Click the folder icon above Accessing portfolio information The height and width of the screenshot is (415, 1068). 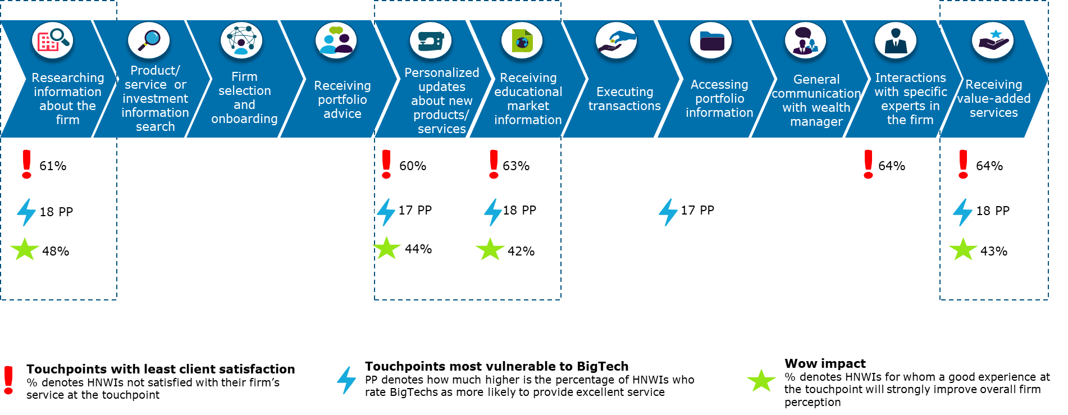click(x=711, y=41)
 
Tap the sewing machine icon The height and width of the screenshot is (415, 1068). click(x=431, y=41)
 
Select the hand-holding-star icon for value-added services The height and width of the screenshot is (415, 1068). click(x=993, y=41)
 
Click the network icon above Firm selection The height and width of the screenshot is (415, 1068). click(x=241, y=41)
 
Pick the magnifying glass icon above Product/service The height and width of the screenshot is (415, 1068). click(x=149, y=41)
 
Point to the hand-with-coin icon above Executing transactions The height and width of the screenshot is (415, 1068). click(x=616, y=41)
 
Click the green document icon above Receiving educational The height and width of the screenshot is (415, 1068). click(x=522, y=41)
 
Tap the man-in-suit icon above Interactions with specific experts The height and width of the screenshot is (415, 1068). click(x=896, y=41)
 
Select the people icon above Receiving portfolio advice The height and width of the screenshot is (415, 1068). click(x=336, y=41)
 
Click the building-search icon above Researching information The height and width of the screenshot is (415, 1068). click(x=53, y=41)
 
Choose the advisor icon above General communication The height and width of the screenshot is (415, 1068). click(x=805, y=41)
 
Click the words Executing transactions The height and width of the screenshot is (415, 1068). click(x=624, y=99)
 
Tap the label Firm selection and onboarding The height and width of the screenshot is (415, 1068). click(x=244, y=98)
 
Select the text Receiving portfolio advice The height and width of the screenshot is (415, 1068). click(x=343, y=99)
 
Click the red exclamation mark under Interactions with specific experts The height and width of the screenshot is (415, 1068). click(x=868, y=164)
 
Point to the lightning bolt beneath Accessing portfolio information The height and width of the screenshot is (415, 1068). click(x=668, y=212)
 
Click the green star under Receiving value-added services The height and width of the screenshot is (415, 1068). click(x=963, y=249)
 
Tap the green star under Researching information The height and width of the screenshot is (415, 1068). click(x=25, y=249)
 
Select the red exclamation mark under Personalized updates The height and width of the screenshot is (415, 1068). click(x=386, y=164)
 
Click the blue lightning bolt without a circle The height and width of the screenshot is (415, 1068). click(x=346, y=380)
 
